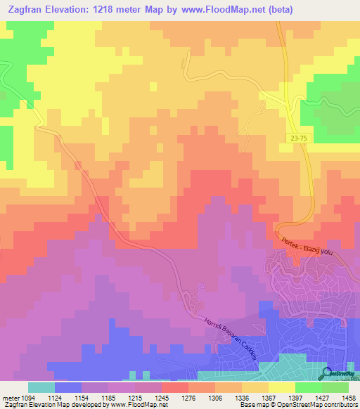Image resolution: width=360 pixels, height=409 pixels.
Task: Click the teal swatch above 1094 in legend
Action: click(x=41, y=387)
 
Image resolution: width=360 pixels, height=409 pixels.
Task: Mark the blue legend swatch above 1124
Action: click(x=68, y=387)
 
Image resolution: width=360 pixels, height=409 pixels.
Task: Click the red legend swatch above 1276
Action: click(x=175, y=387)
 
